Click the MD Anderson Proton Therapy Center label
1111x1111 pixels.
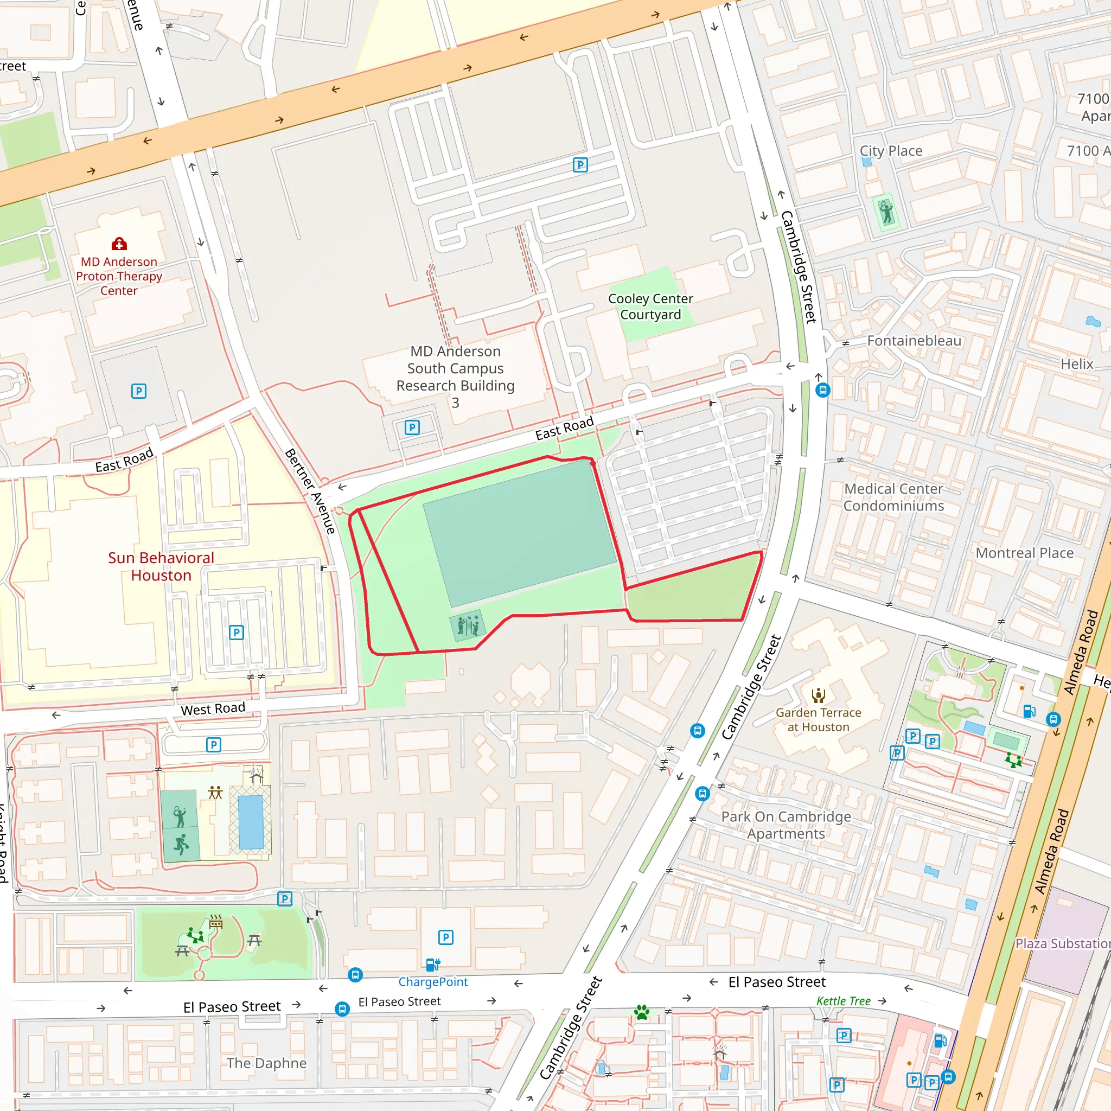(x=119, y=276)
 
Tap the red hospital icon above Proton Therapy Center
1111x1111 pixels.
(x=119, y=244)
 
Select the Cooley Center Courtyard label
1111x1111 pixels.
(x=650, y=307)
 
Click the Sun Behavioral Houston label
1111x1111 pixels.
(x=161, y=566)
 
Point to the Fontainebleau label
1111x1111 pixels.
(x=914, y=341)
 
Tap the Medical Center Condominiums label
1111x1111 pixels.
(x=893, y=497)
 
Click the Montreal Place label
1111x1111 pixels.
(x=1024, y=553)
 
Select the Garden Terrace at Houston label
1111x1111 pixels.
(x=818, y=719)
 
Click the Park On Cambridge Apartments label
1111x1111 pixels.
(x=786, y=825)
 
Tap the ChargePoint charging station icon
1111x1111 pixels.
(x=432, y=965)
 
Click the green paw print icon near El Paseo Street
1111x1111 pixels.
(x=642, y=1012)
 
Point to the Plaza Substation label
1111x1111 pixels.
(x=1062, y=944)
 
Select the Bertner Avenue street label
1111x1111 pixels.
(x=310, y=491)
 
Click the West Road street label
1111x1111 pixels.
(x=213, y=709)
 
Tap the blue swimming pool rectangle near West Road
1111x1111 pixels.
(x=251, y=822)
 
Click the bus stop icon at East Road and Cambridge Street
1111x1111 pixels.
(x=822, y=391)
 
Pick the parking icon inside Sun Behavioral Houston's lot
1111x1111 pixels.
(x=237, y=633)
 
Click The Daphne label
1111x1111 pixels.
(x=266, y=1063)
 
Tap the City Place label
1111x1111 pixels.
(x=891, y=151)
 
